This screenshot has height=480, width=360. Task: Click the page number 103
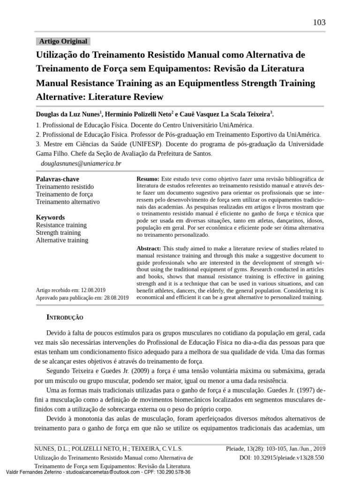pyautogui.click(x=319, y=22)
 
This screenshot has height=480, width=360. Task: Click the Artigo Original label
pyautogui.click(x=63, y=41)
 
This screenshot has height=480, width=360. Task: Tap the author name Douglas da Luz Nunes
pyautogui.click(x=67, y=114)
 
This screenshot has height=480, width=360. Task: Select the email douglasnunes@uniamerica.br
pyautogui.click(x=81, y=163)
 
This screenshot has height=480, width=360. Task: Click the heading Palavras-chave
pyautogui.click(x=57, y=179)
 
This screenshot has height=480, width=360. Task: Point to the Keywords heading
pyautogui.click(x=50, y=217)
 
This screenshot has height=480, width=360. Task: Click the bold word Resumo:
pyautogui.click(x=148, y=179)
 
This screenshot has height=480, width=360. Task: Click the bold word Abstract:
pyautogui.click(x=149, y=248)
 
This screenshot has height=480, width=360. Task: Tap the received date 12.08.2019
pyautogui.click(x=93, y=290)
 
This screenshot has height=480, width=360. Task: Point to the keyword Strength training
pyautogui.click(x=58, y=232)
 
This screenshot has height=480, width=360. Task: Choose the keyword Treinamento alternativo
pyautogui.click(x=67, y=202)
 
